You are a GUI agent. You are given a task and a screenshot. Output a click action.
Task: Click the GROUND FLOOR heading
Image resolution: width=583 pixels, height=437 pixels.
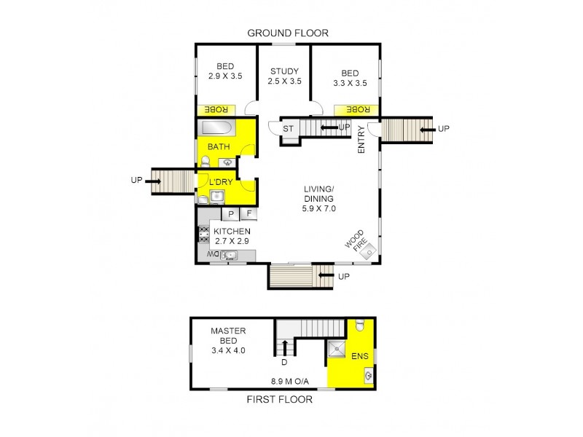[x=288, y=33]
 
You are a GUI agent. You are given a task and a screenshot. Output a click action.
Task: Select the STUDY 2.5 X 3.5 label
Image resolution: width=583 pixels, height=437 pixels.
[x=285, y=76]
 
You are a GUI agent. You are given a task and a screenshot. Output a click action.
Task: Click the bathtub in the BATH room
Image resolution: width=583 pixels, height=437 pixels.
[x=216, y=129]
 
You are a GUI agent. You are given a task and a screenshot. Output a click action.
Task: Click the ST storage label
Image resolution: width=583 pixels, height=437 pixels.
[x=287, y=129]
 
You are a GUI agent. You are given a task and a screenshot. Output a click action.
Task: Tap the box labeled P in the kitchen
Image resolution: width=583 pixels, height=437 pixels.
[x=230, y=213]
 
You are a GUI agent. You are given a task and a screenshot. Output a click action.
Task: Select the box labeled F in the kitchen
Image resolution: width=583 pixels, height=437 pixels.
[x=249, y=213]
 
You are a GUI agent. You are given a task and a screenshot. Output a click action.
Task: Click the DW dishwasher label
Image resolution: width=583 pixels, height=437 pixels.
[x=212, y=254]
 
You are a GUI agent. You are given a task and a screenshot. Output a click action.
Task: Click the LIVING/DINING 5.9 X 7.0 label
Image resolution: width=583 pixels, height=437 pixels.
[x=318, y=198]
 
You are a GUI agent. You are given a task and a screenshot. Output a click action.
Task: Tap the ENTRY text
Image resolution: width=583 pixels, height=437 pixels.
[x=361, y=138]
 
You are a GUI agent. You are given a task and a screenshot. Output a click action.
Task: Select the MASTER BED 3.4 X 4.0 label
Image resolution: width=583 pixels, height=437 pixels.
[x=228, y=340]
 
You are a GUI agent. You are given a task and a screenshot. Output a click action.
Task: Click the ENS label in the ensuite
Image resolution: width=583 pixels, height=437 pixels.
[x=360, y=357]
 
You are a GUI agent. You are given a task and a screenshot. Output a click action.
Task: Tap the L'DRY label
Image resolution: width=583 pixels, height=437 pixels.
[x=220, y=182]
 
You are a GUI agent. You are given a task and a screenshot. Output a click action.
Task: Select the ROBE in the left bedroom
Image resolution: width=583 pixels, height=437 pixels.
[x=214, y=109]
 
